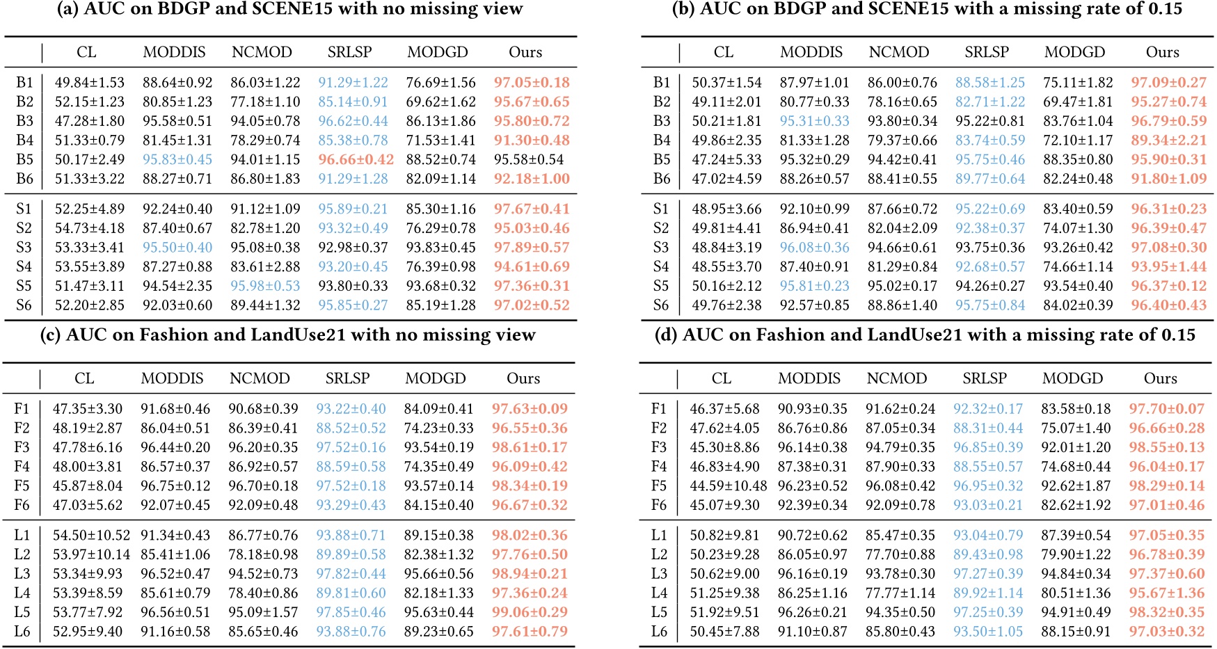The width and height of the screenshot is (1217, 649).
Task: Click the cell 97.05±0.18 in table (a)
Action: click(532, 82)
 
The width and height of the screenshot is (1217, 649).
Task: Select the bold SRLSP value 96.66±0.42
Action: click(356, 159)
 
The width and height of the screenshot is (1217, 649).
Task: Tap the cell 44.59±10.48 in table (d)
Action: click(728, 486)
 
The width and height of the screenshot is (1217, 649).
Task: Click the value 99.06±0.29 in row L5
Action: click(530, 612)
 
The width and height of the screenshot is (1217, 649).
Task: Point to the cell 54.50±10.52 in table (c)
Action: click(91, 536)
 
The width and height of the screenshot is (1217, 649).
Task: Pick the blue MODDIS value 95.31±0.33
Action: click(814, 121)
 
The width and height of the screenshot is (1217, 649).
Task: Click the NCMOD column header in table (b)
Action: click(898, 52)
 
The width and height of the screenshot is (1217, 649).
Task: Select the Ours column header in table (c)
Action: click(523, 378)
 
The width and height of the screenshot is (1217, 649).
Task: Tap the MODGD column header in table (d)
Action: click(1072, 378)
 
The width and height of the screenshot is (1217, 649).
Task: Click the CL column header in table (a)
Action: click(86, 52)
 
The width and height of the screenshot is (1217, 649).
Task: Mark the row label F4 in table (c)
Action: click(22, 467)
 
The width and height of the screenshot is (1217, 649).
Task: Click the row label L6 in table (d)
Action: click(659, 632)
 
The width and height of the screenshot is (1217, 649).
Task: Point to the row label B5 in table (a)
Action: click(24, 159)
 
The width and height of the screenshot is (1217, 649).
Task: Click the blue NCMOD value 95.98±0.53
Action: click(265, 286)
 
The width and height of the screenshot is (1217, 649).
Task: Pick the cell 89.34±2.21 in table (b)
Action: click(1168, 141)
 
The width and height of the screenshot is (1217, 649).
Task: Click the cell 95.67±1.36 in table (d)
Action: click(1166, 593)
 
